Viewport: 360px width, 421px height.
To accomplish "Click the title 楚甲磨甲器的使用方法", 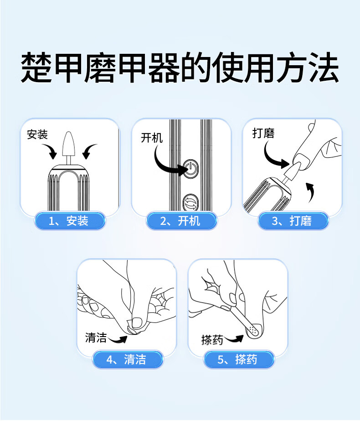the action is point(180,68).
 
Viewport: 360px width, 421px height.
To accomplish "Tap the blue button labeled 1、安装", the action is point(70,221).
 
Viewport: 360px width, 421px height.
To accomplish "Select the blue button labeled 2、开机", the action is point(182,221).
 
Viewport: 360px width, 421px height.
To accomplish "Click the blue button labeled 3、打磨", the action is point(293,221).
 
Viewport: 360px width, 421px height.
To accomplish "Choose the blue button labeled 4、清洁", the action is point(128,359).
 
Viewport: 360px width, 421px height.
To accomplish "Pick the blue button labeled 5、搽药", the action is point(239,359).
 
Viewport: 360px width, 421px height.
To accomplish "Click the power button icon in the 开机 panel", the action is point(190,169).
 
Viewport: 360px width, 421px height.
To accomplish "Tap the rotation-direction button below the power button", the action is point(191,203).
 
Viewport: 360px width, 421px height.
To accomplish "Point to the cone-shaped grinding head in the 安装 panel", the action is point(68,144).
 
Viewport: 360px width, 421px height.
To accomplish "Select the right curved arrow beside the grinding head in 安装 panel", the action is point(88,151).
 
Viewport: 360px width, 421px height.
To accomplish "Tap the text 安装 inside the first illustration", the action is point(37,135).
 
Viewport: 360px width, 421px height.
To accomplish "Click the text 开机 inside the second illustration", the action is point(152,138).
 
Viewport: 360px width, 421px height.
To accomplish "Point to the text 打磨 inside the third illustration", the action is point(263,133).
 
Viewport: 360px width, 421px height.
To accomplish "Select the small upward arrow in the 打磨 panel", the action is point(311,192).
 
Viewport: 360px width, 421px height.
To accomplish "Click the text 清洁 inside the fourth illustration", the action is point(96,338).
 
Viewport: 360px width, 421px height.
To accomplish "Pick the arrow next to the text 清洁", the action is point(118,340).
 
